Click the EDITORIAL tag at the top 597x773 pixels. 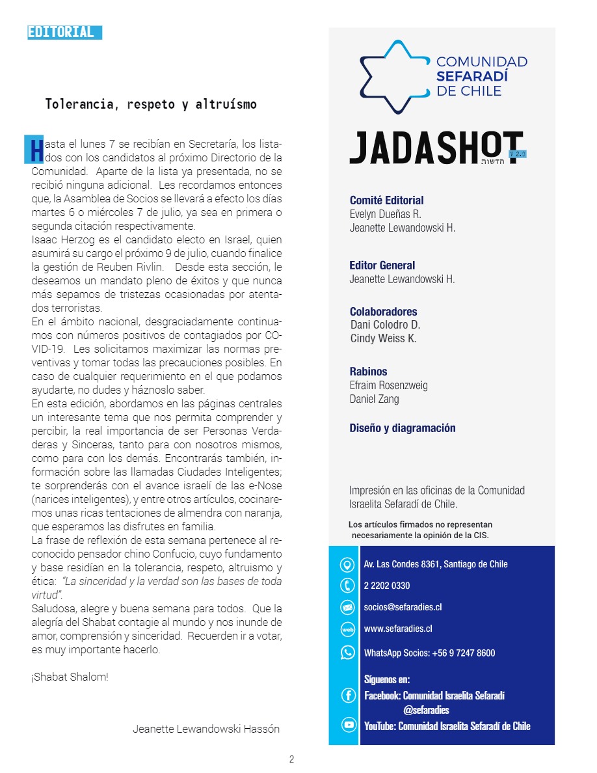pos(64,33)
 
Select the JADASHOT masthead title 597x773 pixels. pos(436,148)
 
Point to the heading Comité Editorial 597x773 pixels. pos(386,200)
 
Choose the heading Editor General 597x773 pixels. pos(382,265)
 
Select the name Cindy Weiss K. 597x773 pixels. pos(383,338)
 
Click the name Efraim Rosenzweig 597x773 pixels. pos(389,385)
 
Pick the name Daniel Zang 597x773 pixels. pos(374,399)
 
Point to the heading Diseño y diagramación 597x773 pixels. pos(403,428)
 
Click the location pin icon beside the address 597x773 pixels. pos(347,564)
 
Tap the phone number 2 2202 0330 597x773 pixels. pos(387,586)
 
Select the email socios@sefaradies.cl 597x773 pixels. pos(403,607)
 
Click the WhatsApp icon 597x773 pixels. pos(347,652)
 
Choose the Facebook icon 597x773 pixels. pos(348,696)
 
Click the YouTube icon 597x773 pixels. pos(348,726)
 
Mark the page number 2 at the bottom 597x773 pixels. pos(292,759)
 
